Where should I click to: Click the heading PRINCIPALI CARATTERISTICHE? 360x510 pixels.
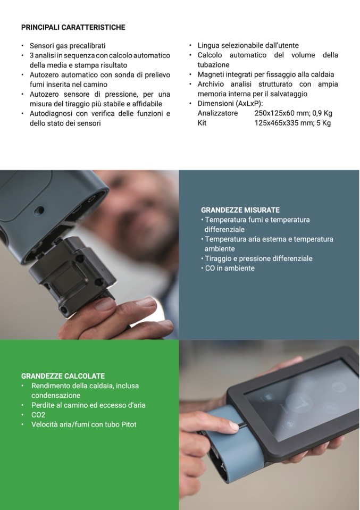[73, 27]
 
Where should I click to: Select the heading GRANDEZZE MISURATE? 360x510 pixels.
[240, 210]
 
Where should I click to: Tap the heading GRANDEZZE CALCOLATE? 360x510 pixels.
[63, 376]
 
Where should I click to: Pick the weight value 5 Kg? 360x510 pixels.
[324, 123]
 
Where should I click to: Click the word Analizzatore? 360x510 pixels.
[217, 113]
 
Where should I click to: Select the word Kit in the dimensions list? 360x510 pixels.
[202, 123]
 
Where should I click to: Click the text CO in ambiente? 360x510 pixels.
[230, 269]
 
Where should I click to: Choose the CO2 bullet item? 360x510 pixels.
[38, 415]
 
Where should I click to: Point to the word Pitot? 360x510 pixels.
[129, 424]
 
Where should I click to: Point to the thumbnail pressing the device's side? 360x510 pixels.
[235, 424]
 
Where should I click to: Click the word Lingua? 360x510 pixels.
[208, 46]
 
